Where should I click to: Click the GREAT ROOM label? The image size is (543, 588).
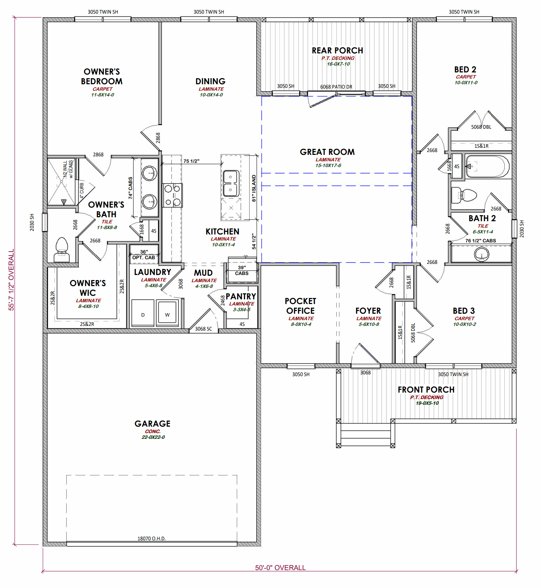[x=327, y=152]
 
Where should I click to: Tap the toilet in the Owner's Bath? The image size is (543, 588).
[x=62, y=250]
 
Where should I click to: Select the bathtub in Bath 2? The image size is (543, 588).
[x=487, y=166]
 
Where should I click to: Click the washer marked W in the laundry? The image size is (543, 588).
[x=167, y=313]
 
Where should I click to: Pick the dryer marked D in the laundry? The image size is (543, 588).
[x=143, y=313]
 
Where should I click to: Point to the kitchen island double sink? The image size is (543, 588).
[x=231, y=183]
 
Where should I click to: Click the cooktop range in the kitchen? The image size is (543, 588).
[x=172, y=195]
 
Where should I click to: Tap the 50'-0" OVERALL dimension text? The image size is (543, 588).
[x=280, y=568]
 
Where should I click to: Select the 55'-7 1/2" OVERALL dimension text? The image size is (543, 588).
[x=11, y=280]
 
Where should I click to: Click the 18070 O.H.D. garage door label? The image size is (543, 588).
[x=152, y=539]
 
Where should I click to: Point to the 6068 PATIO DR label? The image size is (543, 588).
[x=336, y=87]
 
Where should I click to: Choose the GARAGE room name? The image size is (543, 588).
[x=153, y=424]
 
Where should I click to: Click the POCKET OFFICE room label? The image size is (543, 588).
[x=301, y=306]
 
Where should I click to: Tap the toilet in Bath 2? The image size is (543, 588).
[x=464, y=196]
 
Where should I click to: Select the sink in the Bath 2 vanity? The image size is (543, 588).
[x=482, y=254]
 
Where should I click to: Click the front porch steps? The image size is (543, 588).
[x=365, y=435]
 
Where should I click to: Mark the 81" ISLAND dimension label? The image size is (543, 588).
[x=254, y=188]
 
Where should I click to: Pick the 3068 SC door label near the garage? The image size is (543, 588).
[x=203, y=329]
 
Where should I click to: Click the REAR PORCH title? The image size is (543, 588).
[x=337, y=51]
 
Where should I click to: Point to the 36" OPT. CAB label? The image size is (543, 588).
[x=144, y=255]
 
